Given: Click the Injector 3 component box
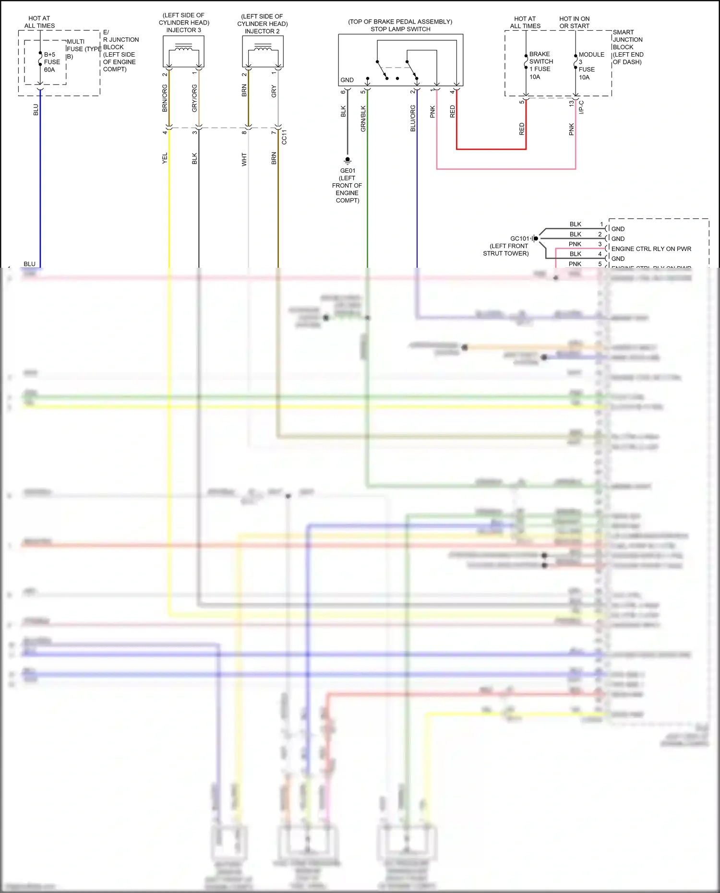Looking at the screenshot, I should pyautogui.click(x=183, y=51).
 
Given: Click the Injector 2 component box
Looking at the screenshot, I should pyautogui.click(x=263, y=51).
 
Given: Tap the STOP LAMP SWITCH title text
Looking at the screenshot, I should pyautogui.click(x=400, y=29).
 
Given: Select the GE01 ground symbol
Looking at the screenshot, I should pyautogui.click(x=348, y=160).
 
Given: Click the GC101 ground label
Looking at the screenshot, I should pyautogui.click(x=519, y=238).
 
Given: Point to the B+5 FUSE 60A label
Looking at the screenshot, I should pyautogui.click(x=51, y=62).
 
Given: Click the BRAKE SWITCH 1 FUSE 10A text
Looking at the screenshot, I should pyautogui.click(x=540, y=65).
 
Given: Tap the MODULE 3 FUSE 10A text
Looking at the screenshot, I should pyautogui.click(x=590, y=66).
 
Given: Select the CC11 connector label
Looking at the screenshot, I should pyautogui.click(x=284, y=137).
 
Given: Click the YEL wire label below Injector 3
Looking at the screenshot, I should pyautogui.click(x=165, y=158).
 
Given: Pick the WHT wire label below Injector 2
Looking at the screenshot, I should pyautogui.click(x=244, y=159).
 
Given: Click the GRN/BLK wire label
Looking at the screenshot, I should pyautogui.click(x=363, y=119).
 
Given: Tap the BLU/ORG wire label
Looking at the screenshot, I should pyautogui.click(x=413, y=119).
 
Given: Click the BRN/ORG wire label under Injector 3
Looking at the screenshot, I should pyautogui.click(x=165, y=98).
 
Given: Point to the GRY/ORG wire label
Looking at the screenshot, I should pyautogui.click(x=194, y=98).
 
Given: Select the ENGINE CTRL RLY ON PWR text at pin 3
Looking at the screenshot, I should pyautogui.click(x=651, y=249).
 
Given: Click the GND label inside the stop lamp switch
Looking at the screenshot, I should pyautogui.click(x=347, y=80).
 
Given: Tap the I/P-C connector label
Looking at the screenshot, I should pyautogui.click(x=581, y=107).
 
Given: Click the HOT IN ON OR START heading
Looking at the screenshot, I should pyautogui.click(x=574, y=23).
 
